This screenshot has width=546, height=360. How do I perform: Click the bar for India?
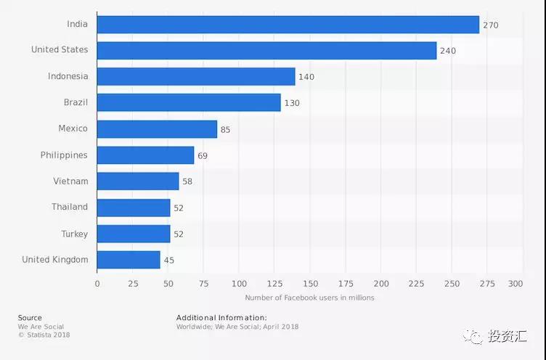tap(288, 25)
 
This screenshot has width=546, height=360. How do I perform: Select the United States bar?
tap(266, 50)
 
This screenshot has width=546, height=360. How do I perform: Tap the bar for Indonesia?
tap(196, 77)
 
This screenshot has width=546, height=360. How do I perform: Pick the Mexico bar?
tap(157, 129)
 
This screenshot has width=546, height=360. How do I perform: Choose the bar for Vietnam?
tap(138, 181)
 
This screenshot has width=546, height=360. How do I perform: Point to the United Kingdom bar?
tap(129, 260)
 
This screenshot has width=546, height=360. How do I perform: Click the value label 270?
tap(491, 25)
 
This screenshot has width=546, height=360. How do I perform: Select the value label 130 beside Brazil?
tap(292, 103)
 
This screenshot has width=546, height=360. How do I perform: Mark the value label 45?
tap(168, 261)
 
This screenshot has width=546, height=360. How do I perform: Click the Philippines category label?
tap(64, 155)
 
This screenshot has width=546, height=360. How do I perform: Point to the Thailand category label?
tap(69, 208)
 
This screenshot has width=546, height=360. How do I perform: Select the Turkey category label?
tap(75, 234)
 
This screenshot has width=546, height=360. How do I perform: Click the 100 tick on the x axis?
tap(239, 284)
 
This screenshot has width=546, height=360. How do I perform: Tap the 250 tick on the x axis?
tap(452, 284)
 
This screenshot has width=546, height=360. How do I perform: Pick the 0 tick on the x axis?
tap(97, 284)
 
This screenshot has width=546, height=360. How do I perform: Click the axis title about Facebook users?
tap(309, 298)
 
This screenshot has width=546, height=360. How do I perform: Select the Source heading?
tap(30, 318)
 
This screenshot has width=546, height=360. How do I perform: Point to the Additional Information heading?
tap(221, 318)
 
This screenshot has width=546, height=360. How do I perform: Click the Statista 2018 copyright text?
tap(44, 335)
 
